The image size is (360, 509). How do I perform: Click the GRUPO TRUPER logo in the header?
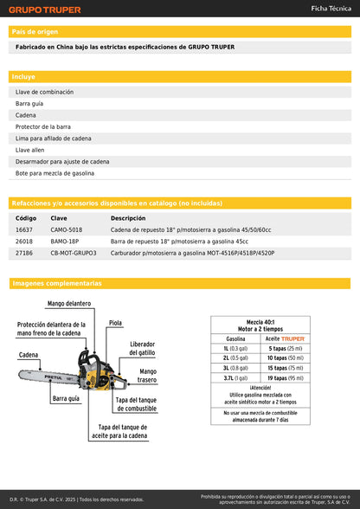coord(46,10)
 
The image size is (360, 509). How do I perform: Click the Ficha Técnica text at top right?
coord(331,8)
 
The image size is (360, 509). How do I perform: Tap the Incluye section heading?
coord(23,77)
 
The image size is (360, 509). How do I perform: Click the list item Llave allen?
coord(30,150)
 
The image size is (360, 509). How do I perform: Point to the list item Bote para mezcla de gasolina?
coord(55,173)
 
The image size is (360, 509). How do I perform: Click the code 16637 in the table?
coord(24,229)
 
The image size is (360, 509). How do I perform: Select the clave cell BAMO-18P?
coord(64,242)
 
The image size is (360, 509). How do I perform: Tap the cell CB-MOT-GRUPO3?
coord(74,254)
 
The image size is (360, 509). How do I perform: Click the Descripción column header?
coord(128,218)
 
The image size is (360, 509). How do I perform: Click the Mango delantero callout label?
coord(69,304)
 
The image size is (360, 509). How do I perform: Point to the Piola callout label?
coord(115,323)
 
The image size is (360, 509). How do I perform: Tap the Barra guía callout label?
coord(66,399)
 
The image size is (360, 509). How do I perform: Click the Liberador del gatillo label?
coord(143,349)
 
